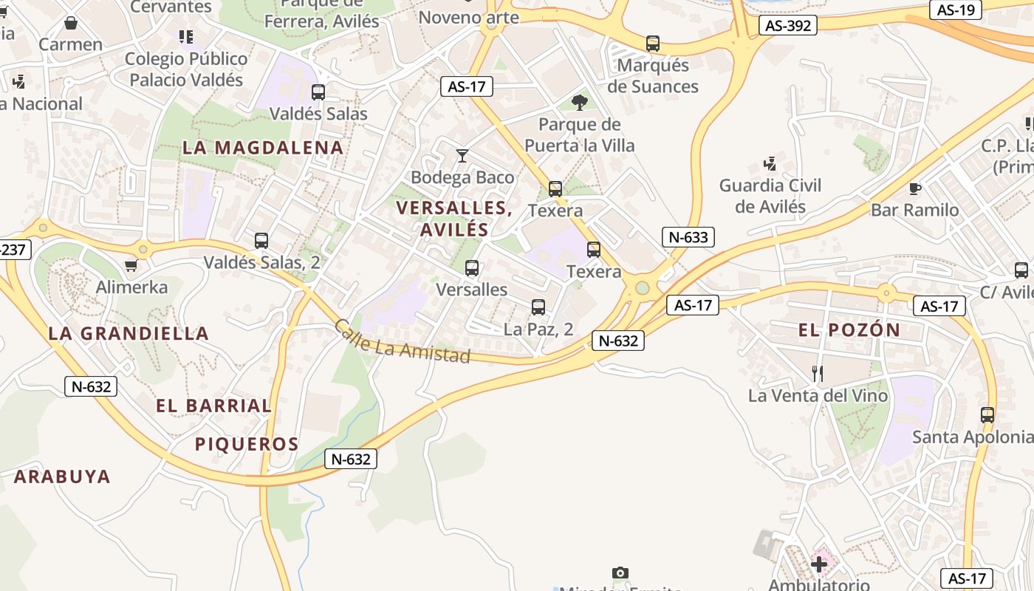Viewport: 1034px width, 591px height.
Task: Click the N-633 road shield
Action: point(688,237)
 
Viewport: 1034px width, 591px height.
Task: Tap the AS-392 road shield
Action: point(788,26)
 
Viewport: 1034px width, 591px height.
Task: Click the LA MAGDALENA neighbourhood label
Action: point(263,148)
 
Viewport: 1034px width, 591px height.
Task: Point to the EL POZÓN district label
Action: point(849,330)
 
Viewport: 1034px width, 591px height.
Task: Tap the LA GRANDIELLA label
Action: point(129,333)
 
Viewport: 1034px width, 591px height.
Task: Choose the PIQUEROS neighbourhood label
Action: point(247,444)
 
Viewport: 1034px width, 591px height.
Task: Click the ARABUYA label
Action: point(62,476)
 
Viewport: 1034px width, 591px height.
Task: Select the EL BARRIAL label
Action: point(213,406)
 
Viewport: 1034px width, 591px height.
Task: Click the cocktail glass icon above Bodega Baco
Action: point(462,155)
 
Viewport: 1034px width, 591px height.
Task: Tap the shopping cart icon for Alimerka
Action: point(131,265)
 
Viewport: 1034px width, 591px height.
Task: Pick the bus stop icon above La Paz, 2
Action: point(538,307)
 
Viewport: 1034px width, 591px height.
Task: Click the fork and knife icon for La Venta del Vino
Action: point(818,374)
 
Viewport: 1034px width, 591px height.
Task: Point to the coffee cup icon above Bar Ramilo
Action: point(915,188)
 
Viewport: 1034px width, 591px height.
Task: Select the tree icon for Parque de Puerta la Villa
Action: point(580,102)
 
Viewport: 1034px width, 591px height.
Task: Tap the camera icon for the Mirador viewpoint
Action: point(620,573)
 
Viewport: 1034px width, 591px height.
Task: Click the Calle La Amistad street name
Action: point(402,342)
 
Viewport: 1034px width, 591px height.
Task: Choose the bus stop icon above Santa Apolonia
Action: point(987,415)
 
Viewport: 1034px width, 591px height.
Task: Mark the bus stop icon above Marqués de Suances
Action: point(653,44)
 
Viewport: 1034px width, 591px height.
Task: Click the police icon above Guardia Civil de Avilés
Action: point(770,163)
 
